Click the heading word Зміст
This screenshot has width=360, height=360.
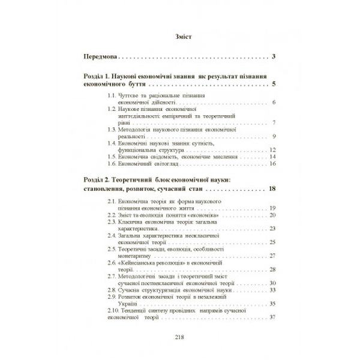point(179,35)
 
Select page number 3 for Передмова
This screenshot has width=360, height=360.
point(273,58)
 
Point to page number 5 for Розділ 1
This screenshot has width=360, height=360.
point(273,85)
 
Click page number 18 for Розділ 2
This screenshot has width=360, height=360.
point(272,190)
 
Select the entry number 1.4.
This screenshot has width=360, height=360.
point(112,143)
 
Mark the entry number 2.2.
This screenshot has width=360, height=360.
point(111,215)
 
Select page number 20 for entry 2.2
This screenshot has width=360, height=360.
point(272,215)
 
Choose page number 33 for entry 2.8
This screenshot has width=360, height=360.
point(272,290)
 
